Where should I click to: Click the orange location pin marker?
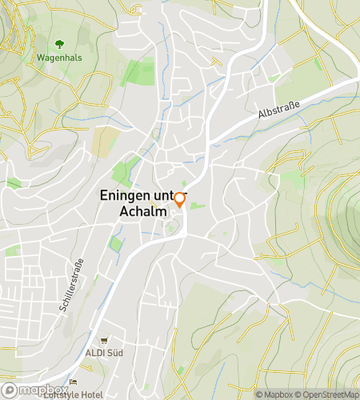pos(180,200)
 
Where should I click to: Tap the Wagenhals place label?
pos(58,58)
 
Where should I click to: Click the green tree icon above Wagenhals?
pos(58,45)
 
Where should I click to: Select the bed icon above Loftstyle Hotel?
pos(73,382)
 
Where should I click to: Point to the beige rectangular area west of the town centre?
pos(104,142)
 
